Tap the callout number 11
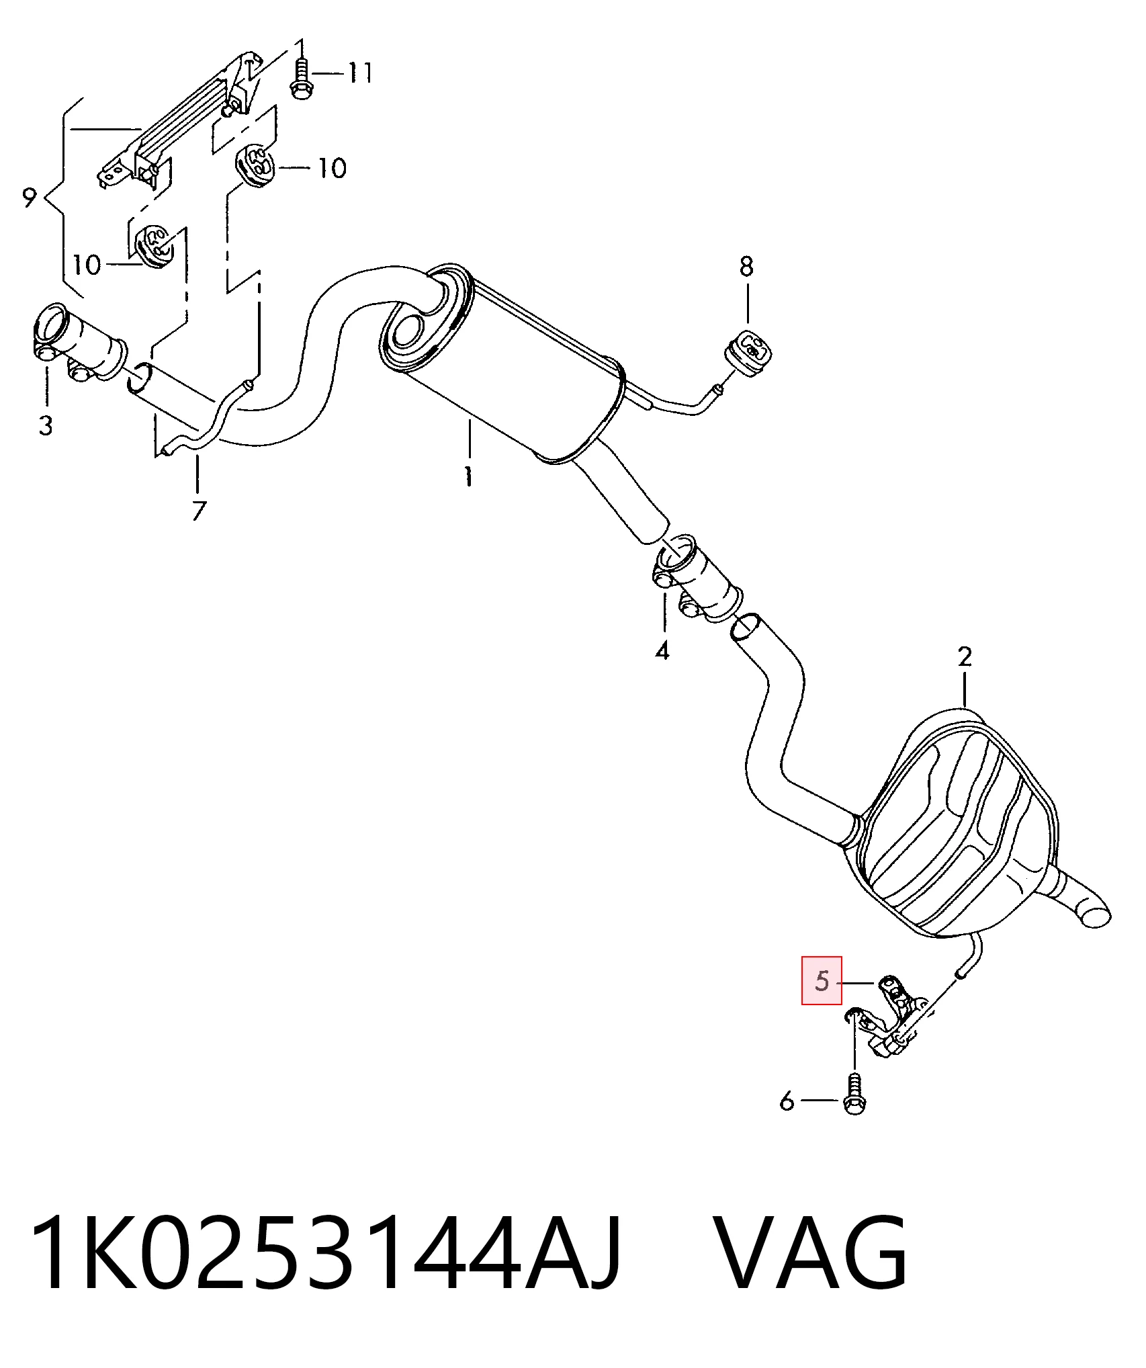point(359,72)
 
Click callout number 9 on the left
point(29,198)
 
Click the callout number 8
point(746,267)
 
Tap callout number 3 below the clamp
point(45,425)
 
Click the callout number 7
point(198,511)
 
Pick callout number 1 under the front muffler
point(468,476)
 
